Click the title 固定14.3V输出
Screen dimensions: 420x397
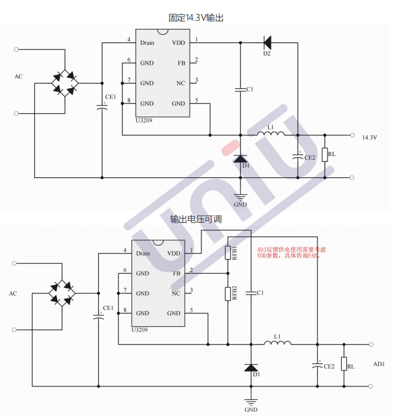196,18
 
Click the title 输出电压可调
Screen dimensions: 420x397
196,219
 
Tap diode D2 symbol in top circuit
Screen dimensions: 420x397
267,42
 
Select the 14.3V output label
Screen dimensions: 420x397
369,137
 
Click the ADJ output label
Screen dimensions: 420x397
379,364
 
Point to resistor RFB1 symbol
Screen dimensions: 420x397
228,253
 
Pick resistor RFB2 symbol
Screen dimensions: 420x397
228,293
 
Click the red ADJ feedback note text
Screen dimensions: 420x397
291,253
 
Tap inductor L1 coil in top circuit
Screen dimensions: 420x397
272,134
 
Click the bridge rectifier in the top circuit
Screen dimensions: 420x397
64,83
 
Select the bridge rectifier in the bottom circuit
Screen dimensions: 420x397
62,293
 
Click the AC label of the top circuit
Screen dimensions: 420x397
19,77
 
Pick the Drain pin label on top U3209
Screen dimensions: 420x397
147,42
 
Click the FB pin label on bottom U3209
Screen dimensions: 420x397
176,273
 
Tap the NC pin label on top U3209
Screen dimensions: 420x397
181,83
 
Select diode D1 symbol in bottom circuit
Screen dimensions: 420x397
252,367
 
